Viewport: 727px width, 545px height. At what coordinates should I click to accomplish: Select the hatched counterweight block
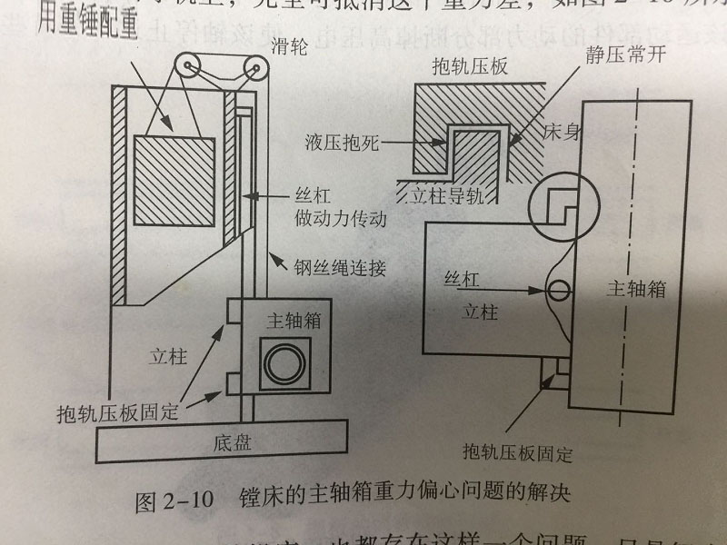click(174, 182)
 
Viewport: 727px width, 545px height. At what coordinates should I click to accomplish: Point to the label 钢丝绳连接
click(328, 269)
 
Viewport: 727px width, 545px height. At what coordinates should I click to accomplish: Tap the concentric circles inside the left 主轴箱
click(279, 362)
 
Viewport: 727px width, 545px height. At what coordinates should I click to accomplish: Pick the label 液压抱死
click(347, 144)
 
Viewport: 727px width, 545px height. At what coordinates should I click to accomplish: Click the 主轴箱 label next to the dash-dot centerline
click(636, 289)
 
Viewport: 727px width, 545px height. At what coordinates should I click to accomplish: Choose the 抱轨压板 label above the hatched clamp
click(470, 66)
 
